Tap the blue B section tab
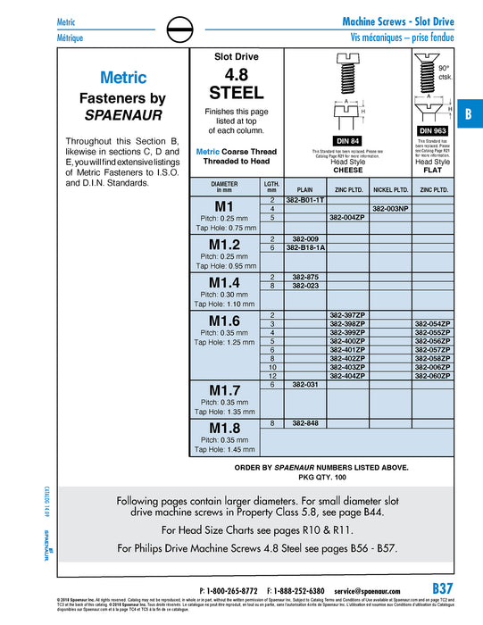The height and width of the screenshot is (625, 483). pyautogui.click(x=467, y=115)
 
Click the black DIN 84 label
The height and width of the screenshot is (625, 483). pyautogui.click(x=347, y=140)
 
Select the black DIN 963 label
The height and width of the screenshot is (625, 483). pyautogui.click(x=433, y=130)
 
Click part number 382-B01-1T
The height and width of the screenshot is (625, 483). pyautogui.click(x=305, y=201)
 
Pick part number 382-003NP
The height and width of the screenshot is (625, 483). pyautogui.click(x=389, y=209)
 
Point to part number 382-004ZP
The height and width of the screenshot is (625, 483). pyautogui.click(x=347, y=217)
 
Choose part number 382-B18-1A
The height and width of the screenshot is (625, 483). pyautogui.click(x=305, y=247)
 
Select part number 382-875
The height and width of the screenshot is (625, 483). pyautogui.click(x=305, y=277)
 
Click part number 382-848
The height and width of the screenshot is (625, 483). pyautogui.click(x=305, y=422)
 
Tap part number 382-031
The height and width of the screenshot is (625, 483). pyautogui.click(x=305, y=384)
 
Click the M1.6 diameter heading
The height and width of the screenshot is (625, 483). pyautogui.click(x=224, y=321)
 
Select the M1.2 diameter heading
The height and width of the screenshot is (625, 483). pyautogui.click(x=224, y=244)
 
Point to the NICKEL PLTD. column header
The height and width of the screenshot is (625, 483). pyautogui.click(x=389, y=189)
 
